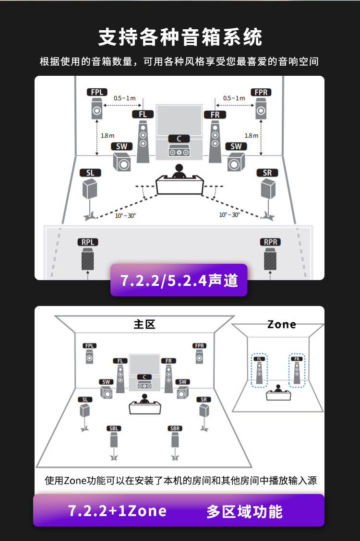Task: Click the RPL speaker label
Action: click(x=88, y=242)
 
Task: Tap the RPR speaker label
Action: click(x=270, y=242)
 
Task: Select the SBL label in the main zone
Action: click(x=113, y=428)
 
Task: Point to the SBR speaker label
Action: click(x=175, y=428)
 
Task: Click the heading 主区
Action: click(x=144, y=325)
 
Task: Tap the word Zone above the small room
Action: click(x=282, y=325)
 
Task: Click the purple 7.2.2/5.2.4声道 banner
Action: click(x=179, y=281)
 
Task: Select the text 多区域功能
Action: click(x=244, y=511)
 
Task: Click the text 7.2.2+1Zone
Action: click(x=118, y=511)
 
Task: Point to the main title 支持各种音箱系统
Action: click(x=180, y=37)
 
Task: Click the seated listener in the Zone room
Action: click(x=277, y=388)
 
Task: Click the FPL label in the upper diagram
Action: click(x=96, y=92)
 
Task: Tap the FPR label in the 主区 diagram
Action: click(x=199, y=346)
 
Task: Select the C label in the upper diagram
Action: click(x=179, y=139)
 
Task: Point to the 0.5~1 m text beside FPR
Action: click(x=234, y=98)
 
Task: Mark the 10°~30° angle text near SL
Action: click(x=125, y=215)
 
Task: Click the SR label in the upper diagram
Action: click(x=267, y=173)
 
